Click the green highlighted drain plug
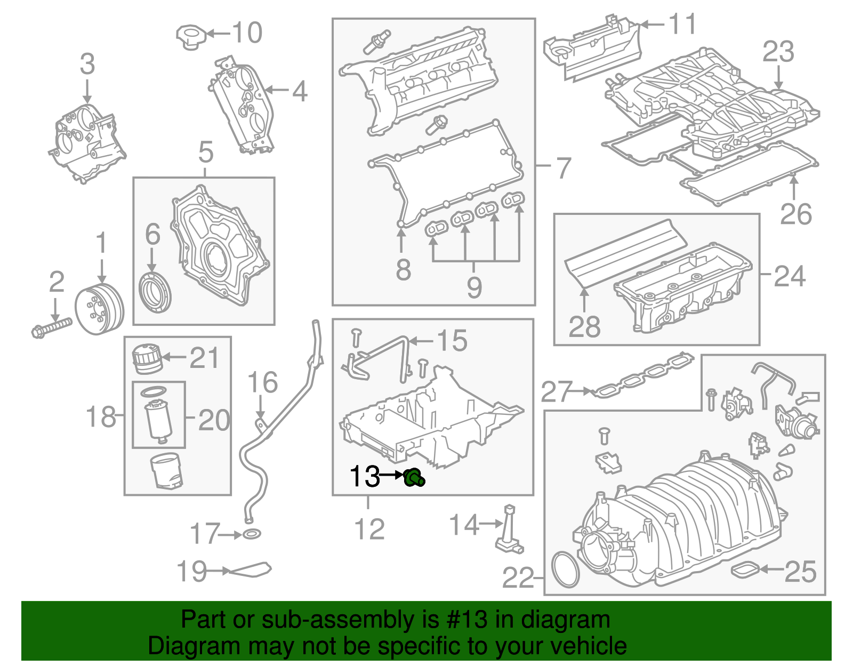tap(413, 477)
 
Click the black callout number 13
tap(365, 476)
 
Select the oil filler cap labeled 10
tap(190, 36)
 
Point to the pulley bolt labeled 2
tap(51, 327)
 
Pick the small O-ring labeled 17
tap(252, 534)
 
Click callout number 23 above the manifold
tap(778, 52)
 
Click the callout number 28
tap(584, 326)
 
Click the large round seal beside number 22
tap(565, 570)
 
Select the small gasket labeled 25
tap(744, 570)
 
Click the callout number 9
tap(474, 287)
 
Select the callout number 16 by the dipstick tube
tap(263, 383)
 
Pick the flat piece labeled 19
tap(251, 570)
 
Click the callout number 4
tap(300, 91)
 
